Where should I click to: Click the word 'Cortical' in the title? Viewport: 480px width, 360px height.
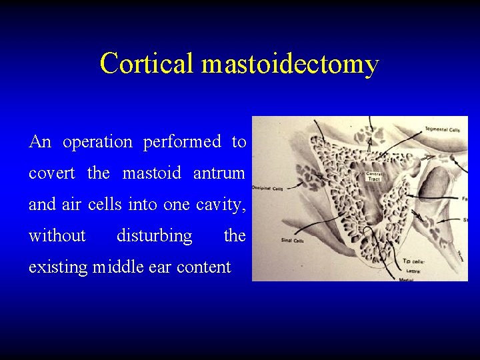(x=147, y=64)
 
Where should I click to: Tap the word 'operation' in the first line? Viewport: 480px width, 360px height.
(x=97, y=143)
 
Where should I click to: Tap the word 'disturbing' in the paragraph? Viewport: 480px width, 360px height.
(x=154, y=236)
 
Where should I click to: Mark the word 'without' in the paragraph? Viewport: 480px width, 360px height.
(x=57, y=236)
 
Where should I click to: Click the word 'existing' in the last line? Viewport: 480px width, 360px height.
(x=58, y=267)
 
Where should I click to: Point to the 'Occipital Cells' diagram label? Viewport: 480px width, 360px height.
(x=268, y=189)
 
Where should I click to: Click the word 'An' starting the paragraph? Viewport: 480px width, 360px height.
(x=39, y=142)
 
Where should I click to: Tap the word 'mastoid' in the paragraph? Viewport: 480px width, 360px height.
(x=151, y=173)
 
